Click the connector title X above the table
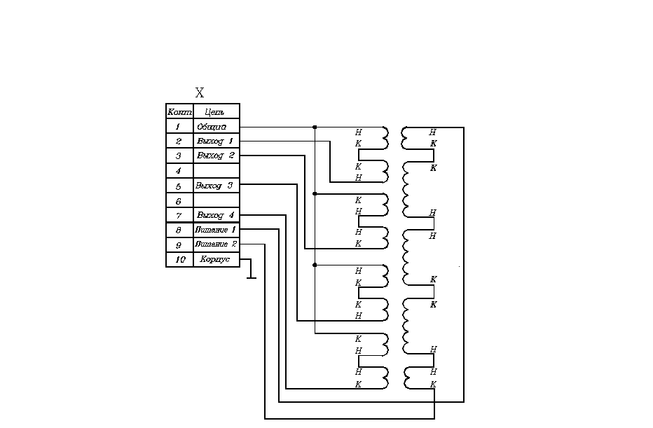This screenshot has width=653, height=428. click(x=200, y=93)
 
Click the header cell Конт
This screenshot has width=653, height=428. click(x=179, y=111)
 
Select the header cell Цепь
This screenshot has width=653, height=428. click(x=216, y=111)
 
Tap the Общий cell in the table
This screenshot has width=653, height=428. click(x=212, y=127)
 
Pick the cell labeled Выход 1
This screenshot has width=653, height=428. click(x=216, y=141)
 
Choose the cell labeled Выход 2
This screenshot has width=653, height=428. click(x=216, y=156)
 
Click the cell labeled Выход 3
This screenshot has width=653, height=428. click(x=216, y=186)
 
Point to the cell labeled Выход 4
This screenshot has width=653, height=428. click(x=216, y=215)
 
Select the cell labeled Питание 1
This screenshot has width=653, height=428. click(x=216, y=230)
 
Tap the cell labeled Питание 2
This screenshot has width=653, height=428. click(x=216, y=244)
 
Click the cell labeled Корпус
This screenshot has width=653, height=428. click(x=215, y=260)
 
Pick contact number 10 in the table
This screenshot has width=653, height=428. click(x=179, y=260)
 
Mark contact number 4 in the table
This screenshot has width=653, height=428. click(x=179, y=171)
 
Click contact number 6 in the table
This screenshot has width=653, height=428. click(x=179, y=201)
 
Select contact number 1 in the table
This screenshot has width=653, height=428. click(x=179, y=127)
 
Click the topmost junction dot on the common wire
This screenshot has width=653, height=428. click(x=315, y=127)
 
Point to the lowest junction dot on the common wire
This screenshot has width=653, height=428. click(x=315, y=265)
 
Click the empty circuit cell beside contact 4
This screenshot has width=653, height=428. click(x=216, y=171)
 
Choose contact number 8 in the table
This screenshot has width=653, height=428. click(x=179, y=230)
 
